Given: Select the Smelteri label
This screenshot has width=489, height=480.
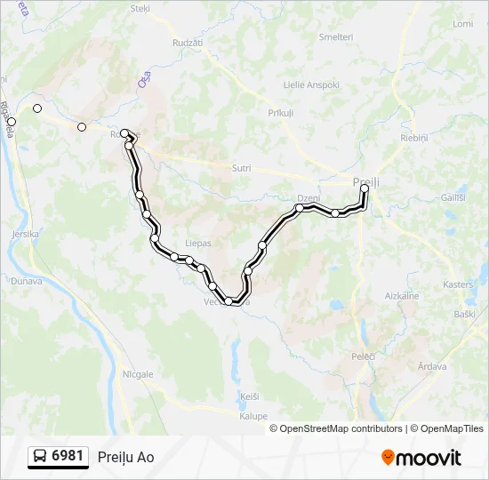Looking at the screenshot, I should point(336,37).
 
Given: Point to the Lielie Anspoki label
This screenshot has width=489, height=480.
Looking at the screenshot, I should point(286,84).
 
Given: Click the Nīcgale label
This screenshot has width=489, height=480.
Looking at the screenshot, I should point(139,374).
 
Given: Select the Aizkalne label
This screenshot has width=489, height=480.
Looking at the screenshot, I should point(401,295).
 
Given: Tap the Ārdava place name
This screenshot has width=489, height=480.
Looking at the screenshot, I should point(432,366).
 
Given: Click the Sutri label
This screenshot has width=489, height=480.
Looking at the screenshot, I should point(241,168).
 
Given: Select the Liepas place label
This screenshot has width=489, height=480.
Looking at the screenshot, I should point(197,241).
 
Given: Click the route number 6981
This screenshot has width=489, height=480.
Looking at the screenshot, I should point(68,456).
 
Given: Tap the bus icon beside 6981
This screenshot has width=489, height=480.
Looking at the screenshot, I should point(40,457).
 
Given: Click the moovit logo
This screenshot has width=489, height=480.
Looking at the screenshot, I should point(421,458).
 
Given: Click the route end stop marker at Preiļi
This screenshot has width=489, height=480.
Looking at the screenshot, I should point(365,188).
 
